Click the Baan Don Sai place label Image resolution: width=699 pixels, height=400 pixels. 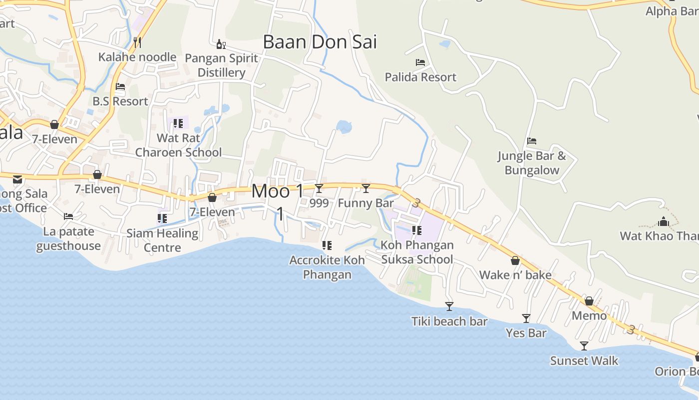coord(320,42)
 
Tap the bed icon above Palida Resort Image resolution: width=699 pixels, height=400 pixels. coord(420,62)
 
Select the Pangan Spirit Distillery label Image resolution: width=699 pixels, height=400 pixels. coord(221,65)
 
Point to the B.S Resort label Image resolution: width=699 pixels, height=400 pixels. coord(120,101)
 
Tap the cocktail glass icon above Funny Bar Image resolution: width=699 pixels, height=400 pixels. coord(366,188)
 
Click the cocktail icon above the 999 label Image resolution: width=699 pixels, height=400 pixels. coord(319,188)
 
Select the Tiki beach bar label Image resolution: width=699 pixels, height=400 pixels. coord(449,321)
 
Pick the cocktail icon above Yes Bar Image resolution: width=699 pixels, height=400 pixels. coord(526,318)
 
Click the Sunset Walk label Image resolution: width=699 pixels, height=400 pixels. coord(584,360)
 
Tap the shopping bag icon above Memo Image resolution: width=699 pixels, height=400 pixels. coord(589,301)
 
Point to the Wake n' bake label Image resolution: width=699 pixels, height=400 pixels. coord(515,275)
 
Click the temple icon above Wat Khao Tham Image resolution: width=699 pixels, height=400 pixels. coord(664,221)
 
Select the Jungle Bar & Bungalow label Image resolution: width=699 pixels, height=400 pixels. coord(532,163)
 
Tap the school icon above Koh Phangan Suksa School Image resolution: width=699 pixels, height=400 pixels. coord(417,230)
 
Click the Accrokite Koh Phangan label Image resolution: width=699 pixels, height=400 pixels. coord(327,267)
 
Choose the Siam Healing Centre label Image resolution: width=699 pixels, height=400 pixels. coord(162,240)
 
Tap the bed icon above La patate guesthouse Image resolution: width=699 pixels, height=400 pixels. coord(68,216)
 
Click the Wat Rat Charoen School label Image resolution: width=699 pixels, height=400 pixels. coord(178,145)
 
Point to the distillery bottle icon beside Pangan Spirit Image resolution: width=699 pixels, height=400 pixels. coord(221,44)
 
